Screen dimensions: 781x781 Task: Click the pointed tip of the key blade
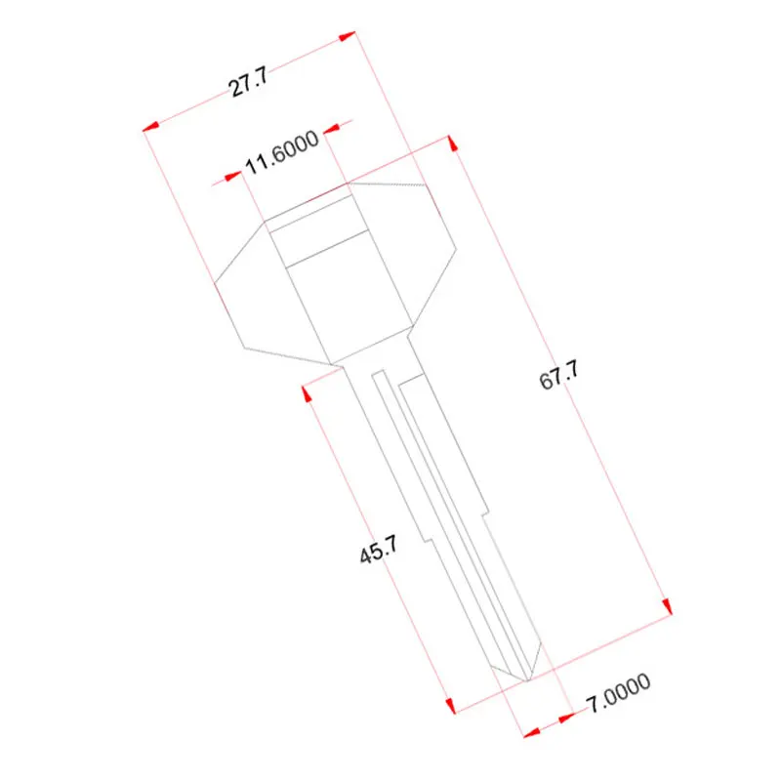(528, 680)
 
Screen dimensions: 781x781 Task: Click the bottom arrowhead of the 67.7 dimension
(667, 606)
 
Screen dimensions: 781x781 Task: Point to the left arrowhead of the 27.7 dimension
(151, 126)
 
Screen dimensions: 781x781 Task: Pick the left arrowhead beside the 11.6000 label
(233, 176)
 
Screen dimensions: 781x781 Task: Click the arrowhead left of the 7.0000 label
(565, 719)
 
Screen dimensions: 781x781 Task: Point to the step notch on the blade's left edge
(426, 538)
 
